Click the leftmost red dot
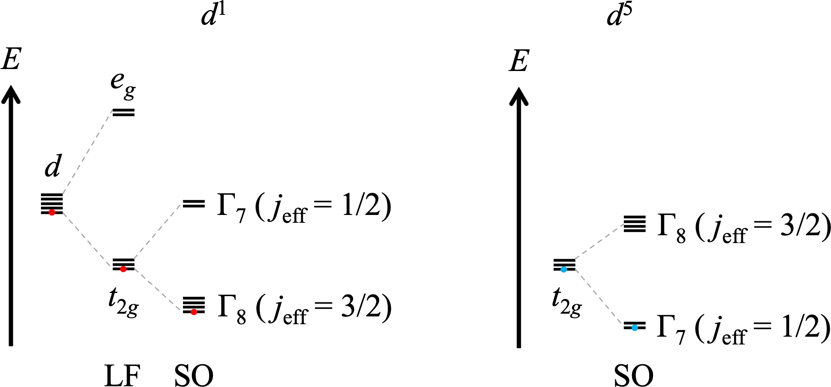click(x=52, y=212)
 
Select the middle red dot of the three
click(x=123, y=269)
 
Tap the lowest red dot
click(x=194, y=312)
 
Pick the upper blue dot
click(x=564, y=270)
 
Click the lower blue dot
click(x=635, y=328)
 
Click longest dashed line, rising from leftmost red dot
click(x=88, y=152)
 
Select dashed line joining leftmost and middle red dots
click(x=88, y=241)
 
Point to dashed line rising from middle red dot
click(x=158, y=230)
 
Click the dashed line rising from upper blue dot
click(x=599, y=241)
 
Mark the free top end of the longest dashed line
click(x=113, y=110)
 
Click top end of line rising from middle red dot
click(x=183, y=201)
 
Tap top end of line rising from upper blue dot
click(x=624, y=224)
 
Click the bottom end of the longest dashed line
click(x=63, y=194)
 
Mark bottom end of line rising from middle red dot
click(x=133, y=259)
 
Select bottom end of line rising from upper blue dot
click(x=574, y=259)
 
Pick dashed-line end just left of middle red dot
click(x=113, y=269)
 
